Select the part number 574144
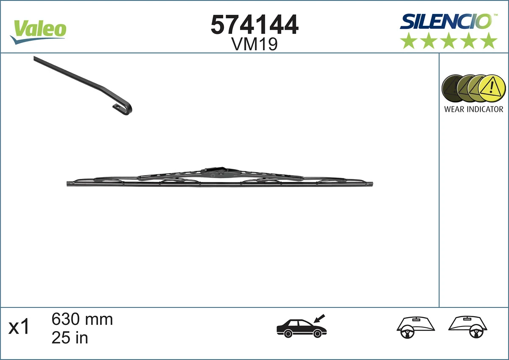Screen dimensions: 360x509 click(x=255, y=25)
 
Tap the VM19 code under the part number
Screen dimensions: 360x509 click(x=255, y=44)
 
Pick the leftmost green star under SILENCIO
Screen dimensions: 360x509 click(x=409, y=41)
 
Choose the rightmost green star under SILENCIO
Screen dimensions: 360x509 click(x=489, y=41)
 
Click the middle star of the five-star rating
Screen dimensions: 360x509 click(x=449, y=41)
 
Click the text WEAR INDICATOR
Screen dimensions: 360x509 click(x=473, y=109)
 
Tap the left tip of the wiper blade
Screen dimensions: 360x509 click(x=69, y=184)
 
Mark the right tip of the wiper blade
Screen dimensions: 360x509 click(x=371, y=184)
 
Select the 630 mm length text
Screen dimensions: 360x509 click(x=82, y=319)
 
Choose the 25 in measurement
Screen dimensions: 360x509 click(x=70, y=338)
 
